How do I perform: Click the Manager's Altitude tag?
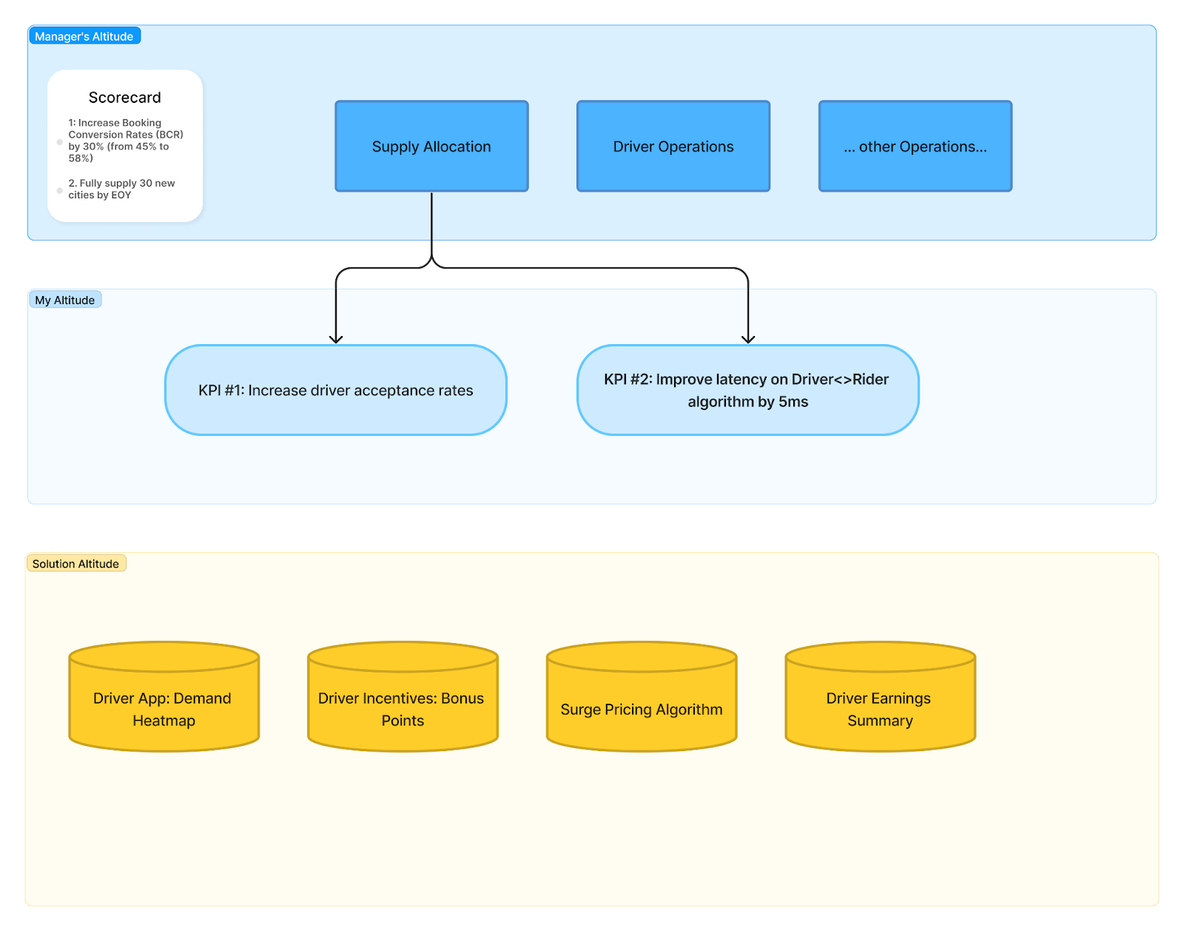(x=84, y=36)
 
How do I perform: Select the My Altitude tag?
(x=64, y=300)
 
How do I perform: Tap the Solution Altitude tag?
(x=75, y=563)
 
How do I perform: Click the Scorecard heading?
(x=124, y=98)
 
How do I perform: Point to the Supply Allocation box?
(x=431, y=147)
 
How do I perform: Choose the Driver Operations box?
(x=673, y=147)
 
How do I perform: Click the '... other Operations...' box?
(x=915, y=147)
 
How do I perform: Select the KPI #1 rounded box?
(x=336, y=390)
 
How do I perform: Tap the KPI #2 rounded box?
(x=747, y=390)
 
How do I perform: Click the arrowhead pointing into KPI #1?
(x=336, y=339)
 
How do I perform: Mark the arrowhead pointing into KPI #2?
(x=748, y=339)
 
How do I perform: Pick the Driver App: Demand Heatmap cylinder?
(x=164, y=709)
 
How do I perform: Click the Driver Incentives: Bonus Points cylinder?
(x=403, y=709)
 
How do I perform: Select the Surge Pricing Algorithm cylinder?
(x=642, y=709)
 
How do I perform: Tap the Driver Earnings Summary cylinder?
(x=880, y=709)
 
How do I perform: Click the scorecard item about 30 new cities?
(x=121, y=189)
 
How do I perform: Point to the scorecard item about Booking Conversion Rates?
(x=124, y=141)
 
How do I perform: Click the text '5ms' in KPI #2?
(x=793, y=402)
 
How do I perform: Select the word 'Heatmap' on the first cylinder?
(x=164, y=721)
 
